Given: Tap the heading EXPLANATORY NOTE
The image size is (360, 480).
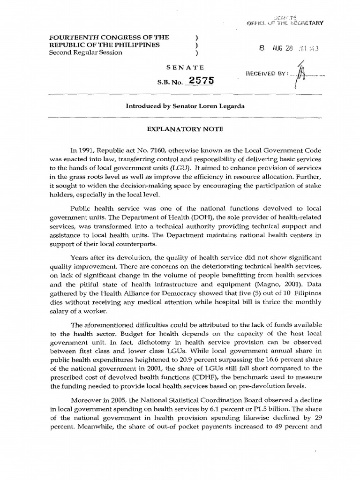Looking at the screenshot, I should point(180,128).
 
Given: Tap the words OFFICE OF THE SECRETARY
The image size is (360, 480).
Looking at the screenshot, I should point(285,22).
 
